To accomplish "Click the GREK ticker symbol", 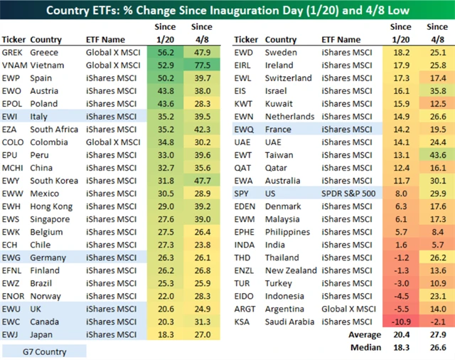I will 13,52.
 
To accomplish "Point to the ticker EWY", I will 11,180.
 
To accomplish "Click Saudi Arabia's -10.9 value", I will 402,321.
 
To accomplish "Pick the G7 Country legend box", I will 43,351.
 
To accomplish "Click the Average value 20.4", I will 402,334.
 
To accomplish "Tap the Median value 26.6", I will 437,347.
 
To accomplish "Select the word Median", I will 366,347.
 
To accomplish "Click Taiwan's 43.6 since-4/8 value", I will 437,154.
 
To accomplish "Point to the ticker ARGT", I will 247,308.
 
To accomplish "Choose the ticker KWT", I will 246,103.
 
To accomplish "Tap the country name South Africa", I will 55,129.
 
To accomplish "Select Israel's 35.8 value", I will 437,90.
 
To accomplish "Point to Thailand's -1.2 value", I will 402,257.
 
